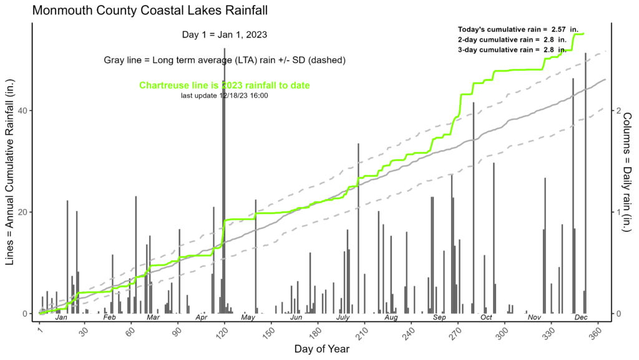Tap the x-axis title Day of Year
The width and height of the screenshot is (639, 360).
pos(319,348)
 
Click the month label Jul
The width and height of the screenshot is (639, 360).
pos(343,318)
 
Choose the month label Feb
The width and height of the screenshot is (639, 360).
pos(109,318)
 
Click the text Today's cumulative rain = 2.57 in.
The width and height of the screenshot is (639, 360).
pos(512,29)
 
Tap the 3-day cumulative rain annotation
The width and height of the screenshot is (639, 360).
pos(512,49)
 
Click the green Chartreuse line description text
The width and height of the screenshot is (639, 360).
pos(224,85)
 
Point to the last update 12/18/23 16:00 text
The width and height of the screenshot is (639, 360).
pos(224,95)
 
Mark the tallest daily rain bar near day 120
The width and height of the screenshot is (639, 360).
pos(225,181)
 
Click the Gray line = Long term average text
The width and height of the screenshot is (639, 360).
pos(224,60)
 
